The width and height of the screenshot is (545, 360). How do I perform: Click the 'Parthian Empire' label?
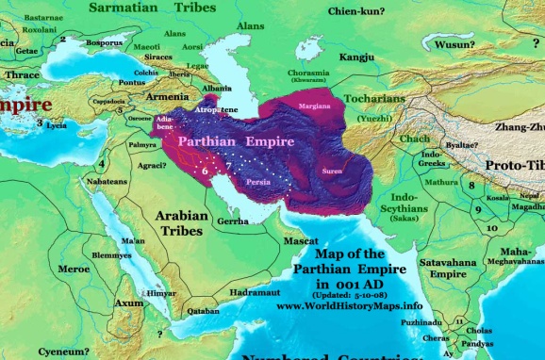point(228,141)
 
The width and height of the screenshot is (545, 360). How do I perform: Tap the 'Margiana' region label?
point(315,106)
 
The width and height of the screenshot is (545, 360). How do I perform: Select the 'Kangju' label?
point(356,57)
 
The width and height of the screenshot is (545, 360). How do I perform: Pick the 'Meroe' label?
point(73,269)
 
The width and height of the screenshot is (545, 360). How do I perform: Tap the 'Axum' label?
point(128,303)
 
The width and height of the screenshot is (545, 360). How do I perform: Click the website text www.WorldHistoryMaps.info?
point(349,306)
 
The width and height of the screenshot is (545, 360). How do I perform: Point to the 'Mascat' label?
point(302,242)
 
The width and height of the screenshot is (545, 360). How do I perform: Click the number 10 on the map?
point(491,228)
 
